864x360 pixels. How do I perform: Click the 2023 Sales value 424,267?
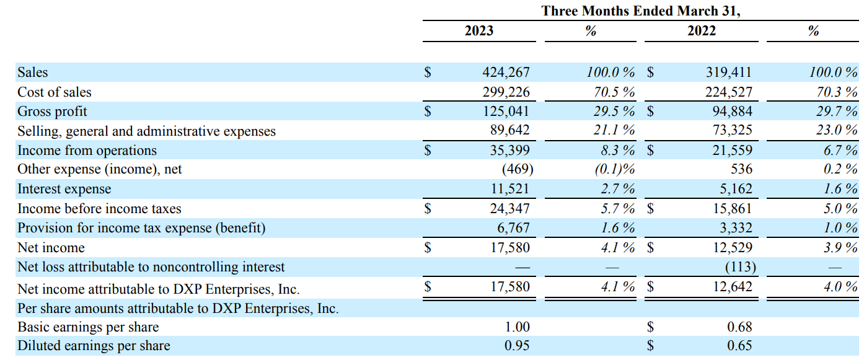pyautogui.click(x=506, y=72)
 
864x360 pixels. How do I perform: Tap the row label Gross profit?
pyautogui.click(x=52, y=112)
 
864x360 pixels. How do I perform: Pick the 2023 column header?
pyautogui.click(x=479, y=30)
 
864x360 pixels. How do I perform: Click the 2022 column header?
pyautogui.click(x=701, y=30)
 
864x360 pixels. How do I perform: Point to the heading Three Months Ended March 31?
pyautogui.click(x=640, y=11)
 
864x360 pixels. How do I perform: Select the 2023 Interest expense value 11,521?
pyautogui.click(x=509, y=190)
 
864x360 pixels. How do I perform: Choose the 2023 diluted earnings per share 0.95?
pyautogui.click(x=517, y=346)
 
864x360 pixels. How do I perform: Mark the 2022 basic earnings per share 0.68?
pyautogui.click(x=739, y=327)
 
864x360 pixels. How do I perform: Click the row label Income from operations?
pyautogui.click(x=87, y=151)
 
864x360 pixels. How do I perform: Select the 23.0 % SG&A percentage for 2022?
pyautogui.click(x=833, y=131)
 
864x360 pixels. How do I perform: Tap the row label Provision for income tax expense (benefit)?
pyautogui.click(x=141, y=228)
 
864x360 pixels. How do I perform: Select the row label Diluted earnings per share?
pyautogui.click(x=94, y=346)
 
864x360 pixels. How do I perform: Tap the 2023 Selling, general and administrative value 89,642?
pyautogui.click(x=509, y=131)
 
